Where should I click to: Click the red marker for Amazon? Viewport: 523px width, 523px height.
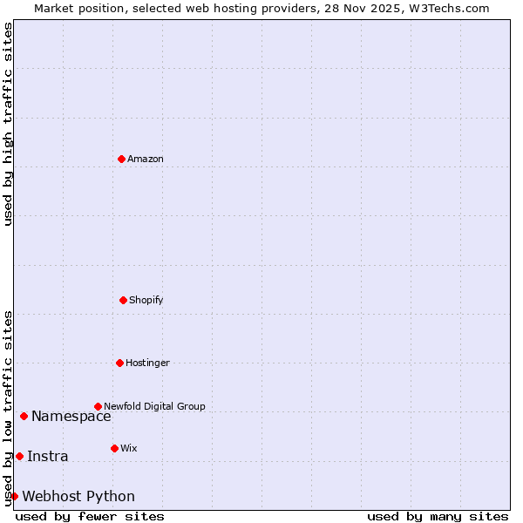(121, 159)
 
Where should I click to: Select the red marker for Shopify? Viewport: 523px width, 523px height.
(123, 300)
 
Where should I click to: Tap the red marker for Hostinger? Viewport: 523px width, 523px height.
(119, 363)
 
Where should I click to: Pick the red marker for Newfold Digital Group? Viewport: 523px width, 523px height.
(98, 406)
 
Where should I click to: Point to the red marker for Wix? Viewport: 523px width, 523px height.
(114, 448)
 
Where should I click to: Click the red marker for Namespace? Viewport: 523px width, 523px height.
(24, 416)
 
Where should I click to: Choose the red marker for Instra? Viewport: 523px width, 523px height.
(19, 456)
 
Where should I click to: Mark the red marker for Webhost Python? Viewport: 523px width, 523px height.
(14, 496)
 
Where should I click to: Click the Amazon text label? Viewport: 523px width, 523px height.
(146, 159)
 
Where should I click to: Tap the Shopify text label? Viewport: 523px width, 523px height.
(146, 300)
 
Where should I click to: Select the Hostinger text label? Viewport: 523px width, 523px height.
(147, 363)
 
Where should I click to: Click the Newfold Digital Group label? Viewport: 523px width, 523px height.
(154, 406)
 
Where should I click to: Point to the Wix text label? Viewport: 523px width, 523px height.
(129, 448)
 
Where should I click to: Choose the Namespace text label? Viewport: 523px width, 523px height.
(71, 416)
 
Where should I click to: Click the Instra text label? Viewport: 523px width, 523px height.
(47, 456)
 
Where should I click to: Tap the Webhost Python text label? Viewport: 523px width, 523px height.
(78, 496)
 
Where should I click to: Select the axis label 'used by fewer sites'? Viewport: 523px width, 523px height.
(90, 516)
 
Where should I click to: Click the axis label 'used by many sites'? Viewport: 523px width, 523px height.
(438, 516)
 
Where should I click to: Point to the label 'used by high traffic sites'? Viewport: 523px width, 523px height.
(8, 124)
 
